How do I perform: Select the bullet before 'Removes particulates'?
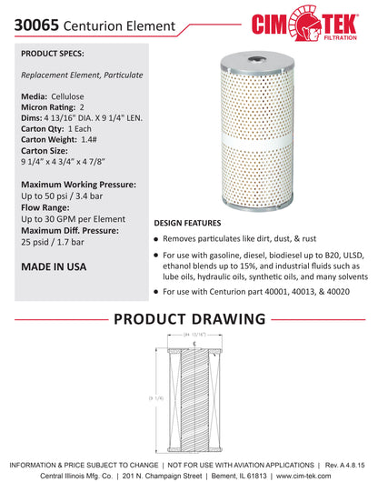(x=156, y=238)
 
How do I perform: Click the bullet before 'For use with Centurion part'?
(x=156, y=293)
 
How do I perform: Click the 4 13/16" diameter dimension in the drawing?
(x=198, y=336)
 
